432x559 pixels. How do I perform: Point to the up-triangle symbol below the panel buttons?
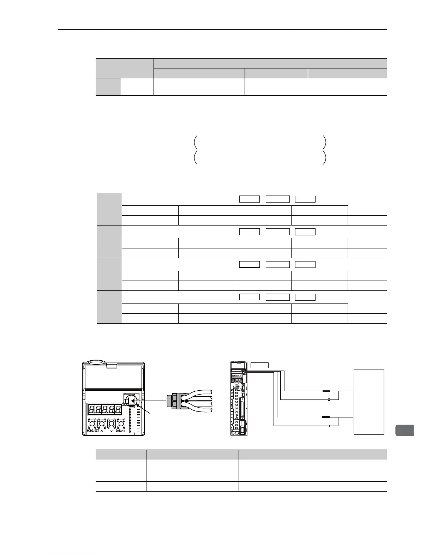102,431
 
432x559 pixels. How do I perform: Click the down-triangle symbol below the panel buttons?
112,431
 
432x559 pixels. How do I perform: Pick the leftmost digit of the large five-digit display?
92,410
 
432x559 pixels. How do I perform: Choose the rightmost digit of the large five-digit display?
118,410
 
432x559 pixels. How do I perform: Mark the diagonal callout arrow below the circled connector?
145,411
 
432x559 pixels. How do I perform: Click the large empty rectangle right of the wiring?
369,402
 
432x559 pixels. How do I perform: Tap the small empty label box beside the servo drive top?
259,365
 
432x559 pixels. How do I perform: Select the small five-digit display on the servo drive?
236,377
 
